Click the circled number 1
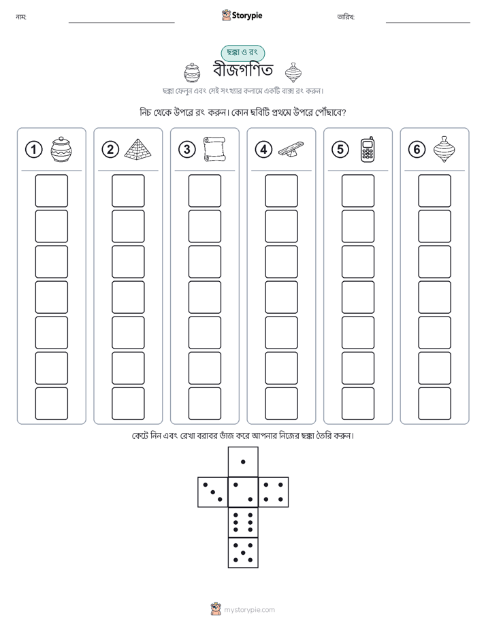pyautogui.click(x=33, y=150)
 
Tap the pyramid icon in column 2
pyautogui.click(x=138, y=149)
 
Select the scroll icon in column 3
pyautogui.click(x=214, y=149)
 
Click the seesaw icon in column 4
pyautogui.click(x=291, y=149)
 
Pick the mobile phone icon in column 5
pyautogui.click(x=368, y=150)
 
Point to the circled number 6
pyautogui.click(x=417, y=150)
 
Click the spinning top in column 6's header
pyautogui.click(x=444, y=149)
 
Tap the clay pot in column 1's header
pyautogui.click(x=61, y=150)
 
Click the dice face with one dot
pyautogui.click(x=243, y=462)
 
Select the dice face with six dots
pyautogui.click(x=243, y=523)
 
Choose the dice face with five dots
pyautogui.click(x=243, y=553)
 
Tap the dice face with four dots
pyautogui.click(x=274, y=492)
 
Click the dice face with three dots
pyautogui.click(x=213, y=492)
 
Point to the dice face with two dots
pyautogui.click(x=243, y=492)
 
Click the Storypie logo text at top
pyautogui.click(x=247, y=16)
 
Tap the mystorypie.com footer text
pyautogui.click(x=249, y=610)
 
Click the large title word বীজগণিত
pyautogui.click(x=243, y=70)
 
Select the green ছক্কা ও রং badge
pyautogui.click(x=242, y=52)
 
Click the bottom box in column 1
pyautogui.click(x=51, y=404)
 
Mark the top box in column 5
pyautogui.click(x=358, y=191)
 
